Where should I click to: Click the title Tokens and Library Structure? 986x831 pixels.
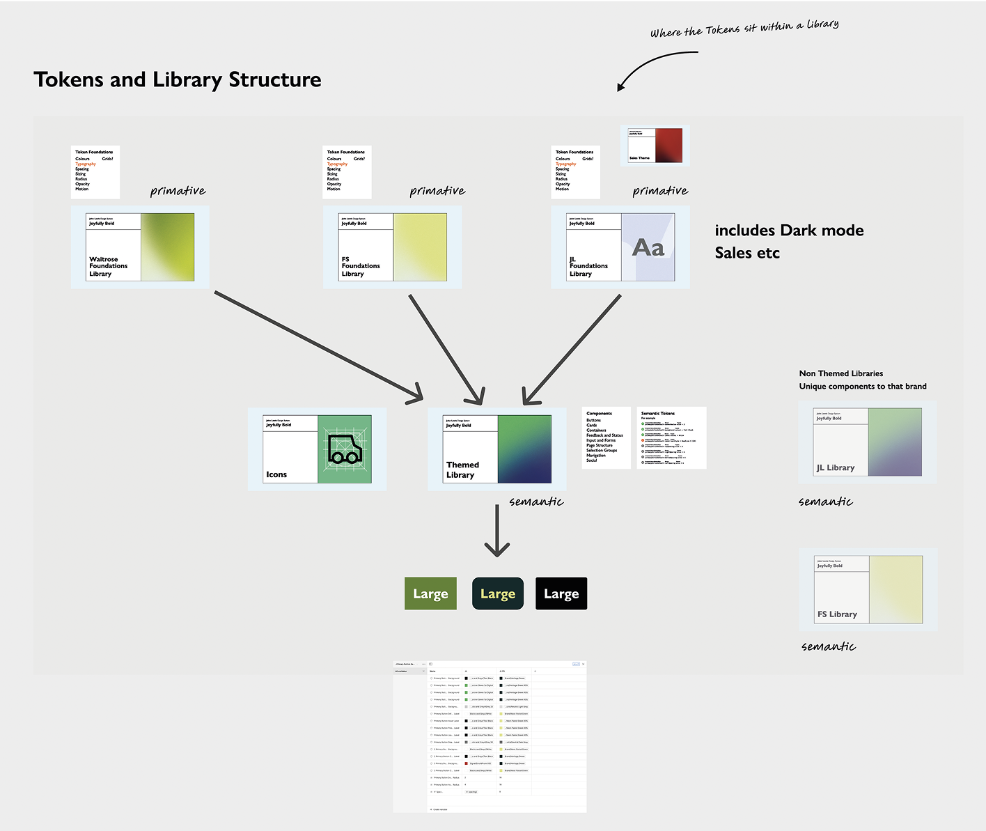coord(177,79)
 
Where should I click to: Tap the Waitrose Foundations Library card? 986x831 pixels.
coord(140,247)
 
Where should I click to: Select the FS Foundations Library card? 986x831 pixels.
coord(392,247)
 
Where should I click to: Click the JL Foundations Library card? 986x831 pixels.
coord(620,247)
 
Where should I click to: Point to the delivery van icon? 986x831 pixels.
coord(345,450)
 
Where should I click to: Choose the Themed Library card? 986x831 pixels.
coord(497,449)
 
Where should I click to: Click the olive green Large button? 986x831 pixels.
coord(430,593)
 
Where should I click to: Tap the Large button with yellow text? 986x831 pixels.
coord(497,593)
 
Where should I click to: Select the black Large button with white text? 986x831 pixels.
coord(561,593)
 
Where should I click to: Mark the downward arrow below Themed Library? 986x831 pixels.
coord(497,531)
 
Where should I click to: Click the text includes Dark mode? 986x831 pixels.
coord(789,231)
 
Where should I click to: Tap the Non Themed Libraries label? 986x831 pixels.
coord(840,373)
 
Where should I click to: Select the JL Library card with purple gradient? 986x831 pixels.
coord(867,442)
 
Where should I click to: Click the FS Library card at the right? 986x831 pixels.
coord(868,589)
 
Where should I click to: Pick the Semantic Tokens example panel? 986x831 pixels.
coord(671,437)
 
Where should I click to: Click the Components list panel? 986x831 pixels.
coord(606,437)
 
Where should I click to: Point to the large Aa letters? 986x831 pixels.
coord(648,247)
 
